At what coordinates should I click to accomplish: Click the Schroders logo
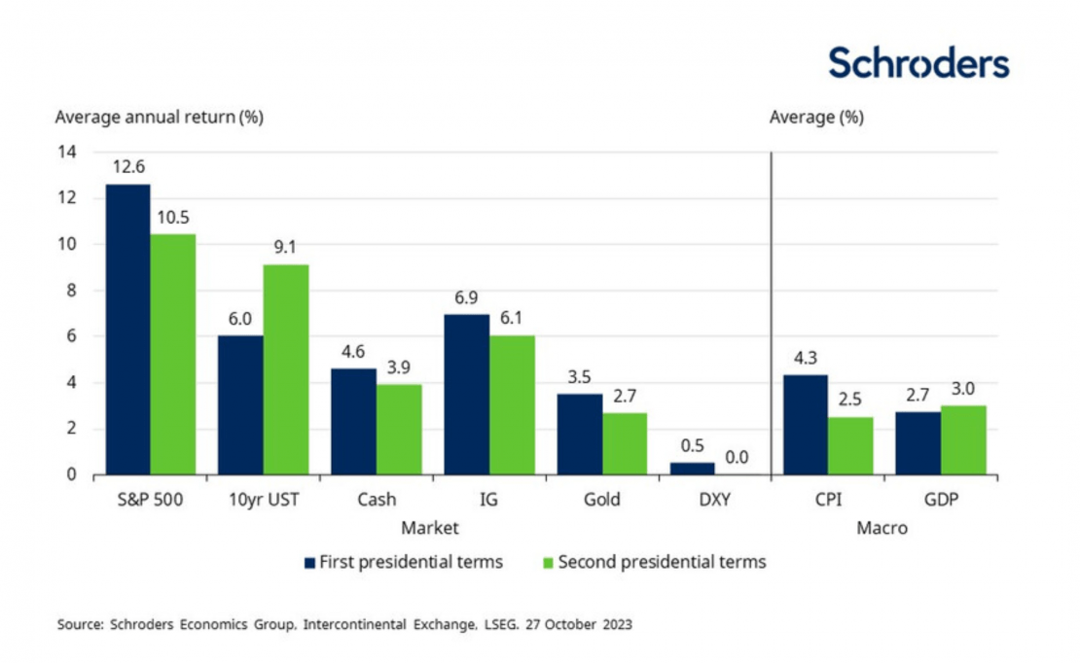(x=918, y=62)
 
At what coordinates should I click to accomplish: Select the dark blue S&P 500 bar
(x=127, y=330)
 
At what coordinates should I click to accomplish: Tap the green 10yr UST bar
(x=286, y=369)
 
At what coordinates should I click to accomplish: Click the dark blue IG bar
(x=466, y=395)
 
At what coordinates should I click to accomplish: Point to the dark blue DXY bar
(x=692, y=469)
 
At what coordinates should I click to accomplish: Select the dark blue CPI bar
(x=805, y=425)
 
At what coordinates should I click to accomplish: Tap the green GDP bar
(x=963, y=440)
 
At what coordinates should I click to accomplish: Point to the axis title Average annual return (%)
(x=159, y=118)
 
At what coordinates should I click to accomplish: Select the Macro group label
(x=882, y=528)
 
